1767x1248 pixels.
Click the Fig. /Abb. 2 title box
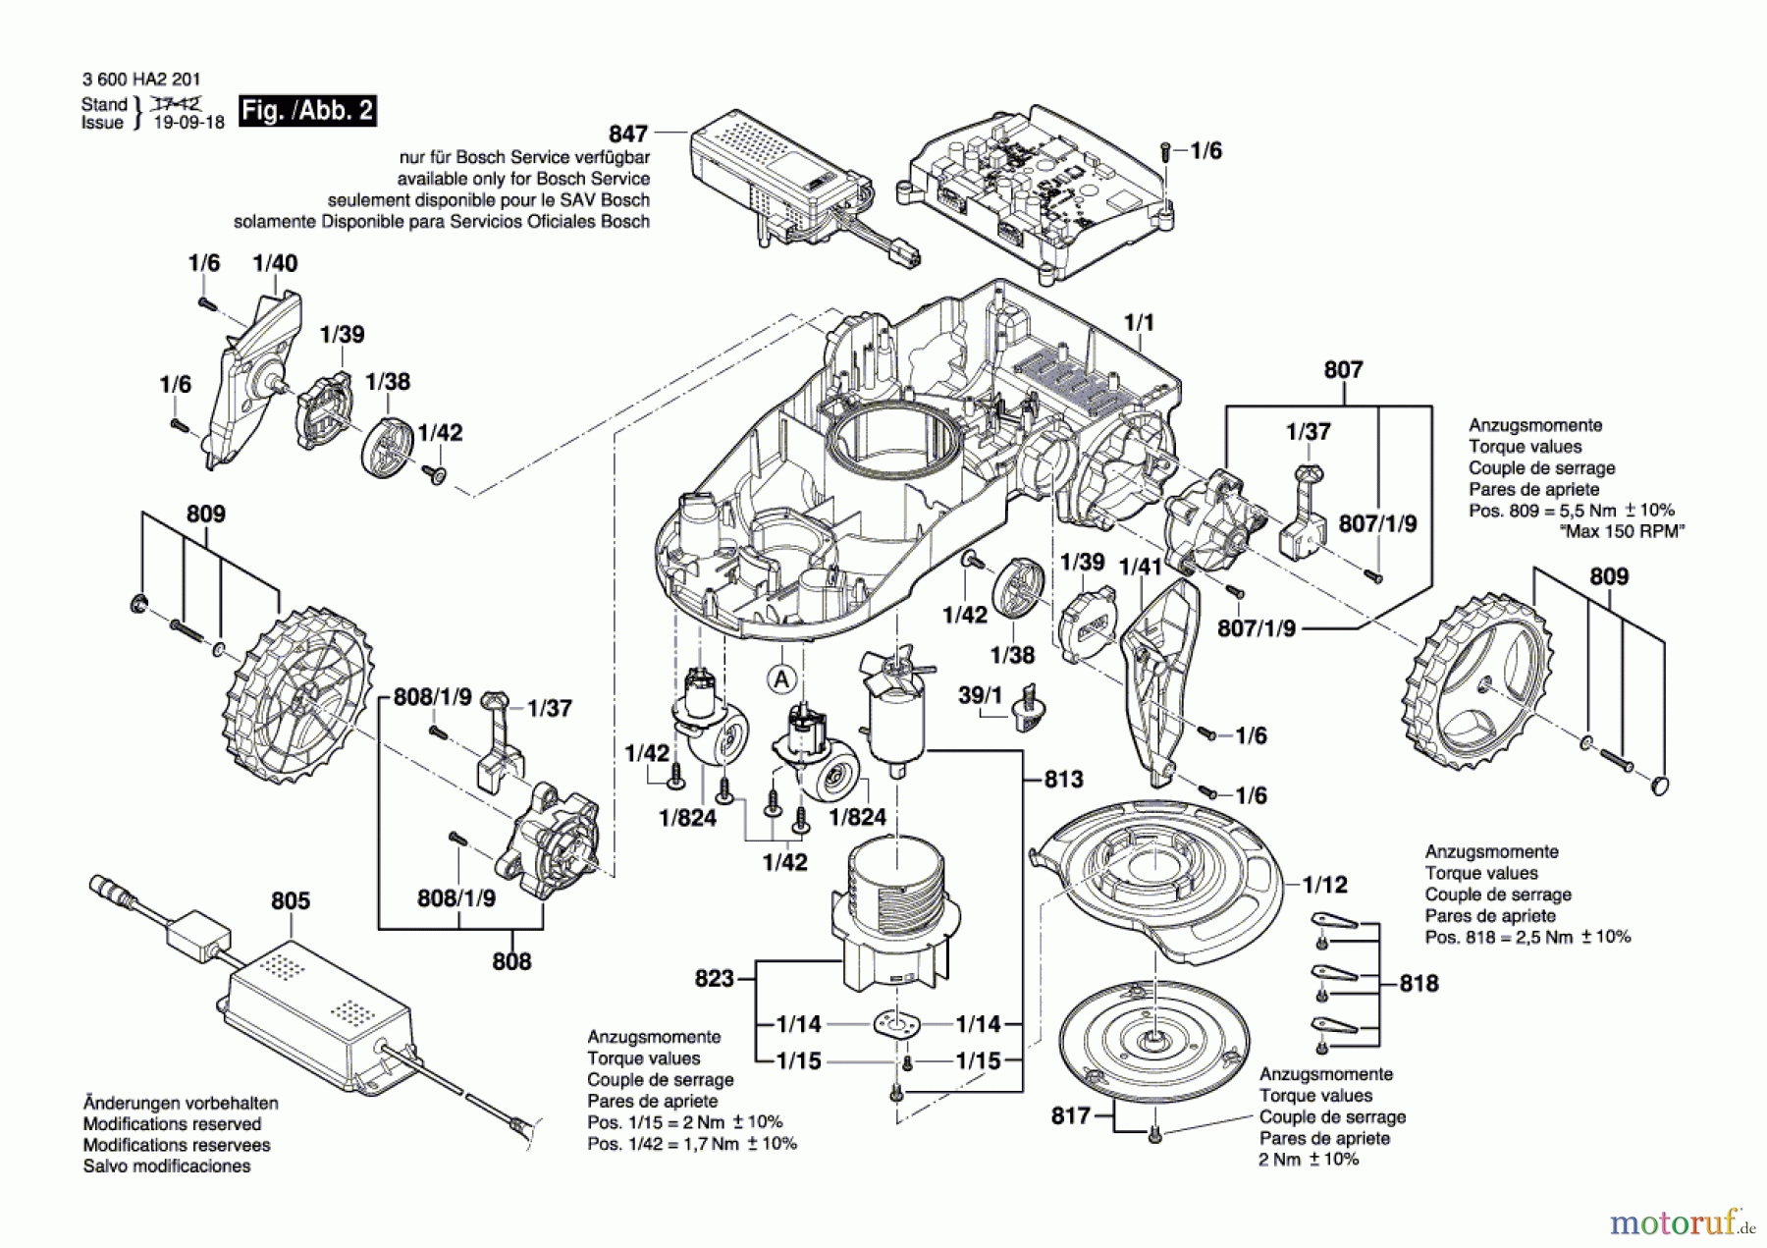[308, 110]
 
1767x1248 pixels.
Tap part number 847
[628, 134]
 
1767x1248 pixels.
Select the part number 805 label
[291, 900]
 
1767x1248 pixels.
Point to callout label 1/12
[1325, 885]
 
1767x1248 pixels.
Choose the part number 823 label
[715, 978]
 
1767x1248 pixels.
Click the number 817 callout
[1070, 1115]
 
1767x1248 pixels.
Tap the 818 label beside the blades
[1419, 983]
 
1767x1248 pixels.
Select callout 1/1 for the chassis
[1139, 322]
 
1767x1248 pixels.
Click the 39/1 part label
[980, 695]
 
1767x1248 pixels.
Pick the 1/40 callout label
[275, 263]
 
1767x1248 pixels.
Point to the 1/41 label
[1141, 566]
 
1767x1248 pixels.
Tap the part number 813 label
[1063, 780]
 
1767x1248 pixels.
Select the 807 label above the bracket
[1343, 369]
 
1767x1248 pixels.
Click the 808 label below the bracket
[511, 961]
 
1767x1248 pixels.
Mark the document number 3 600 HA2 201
[129, 80]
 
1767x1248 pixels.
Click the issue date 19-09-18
[189, 123]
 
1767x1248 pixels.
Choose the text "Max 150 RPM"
[1622, 531]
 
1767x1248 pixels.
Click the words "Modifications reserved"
[172, 1124]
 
